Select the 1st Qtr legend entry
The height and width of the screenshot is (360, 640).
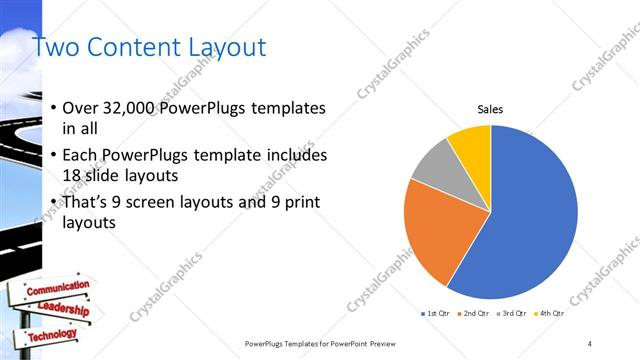pos(437,314)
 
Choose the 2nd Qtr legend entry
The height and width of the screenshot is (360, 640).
pos(473,314)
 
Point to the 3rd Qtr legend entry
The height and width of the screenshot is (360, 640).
pos(511,314)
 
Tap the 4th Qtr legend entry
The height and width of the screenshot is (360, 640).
pos(549,314)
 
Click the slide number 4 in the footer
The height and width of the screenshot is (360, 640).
pos(590,343)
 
